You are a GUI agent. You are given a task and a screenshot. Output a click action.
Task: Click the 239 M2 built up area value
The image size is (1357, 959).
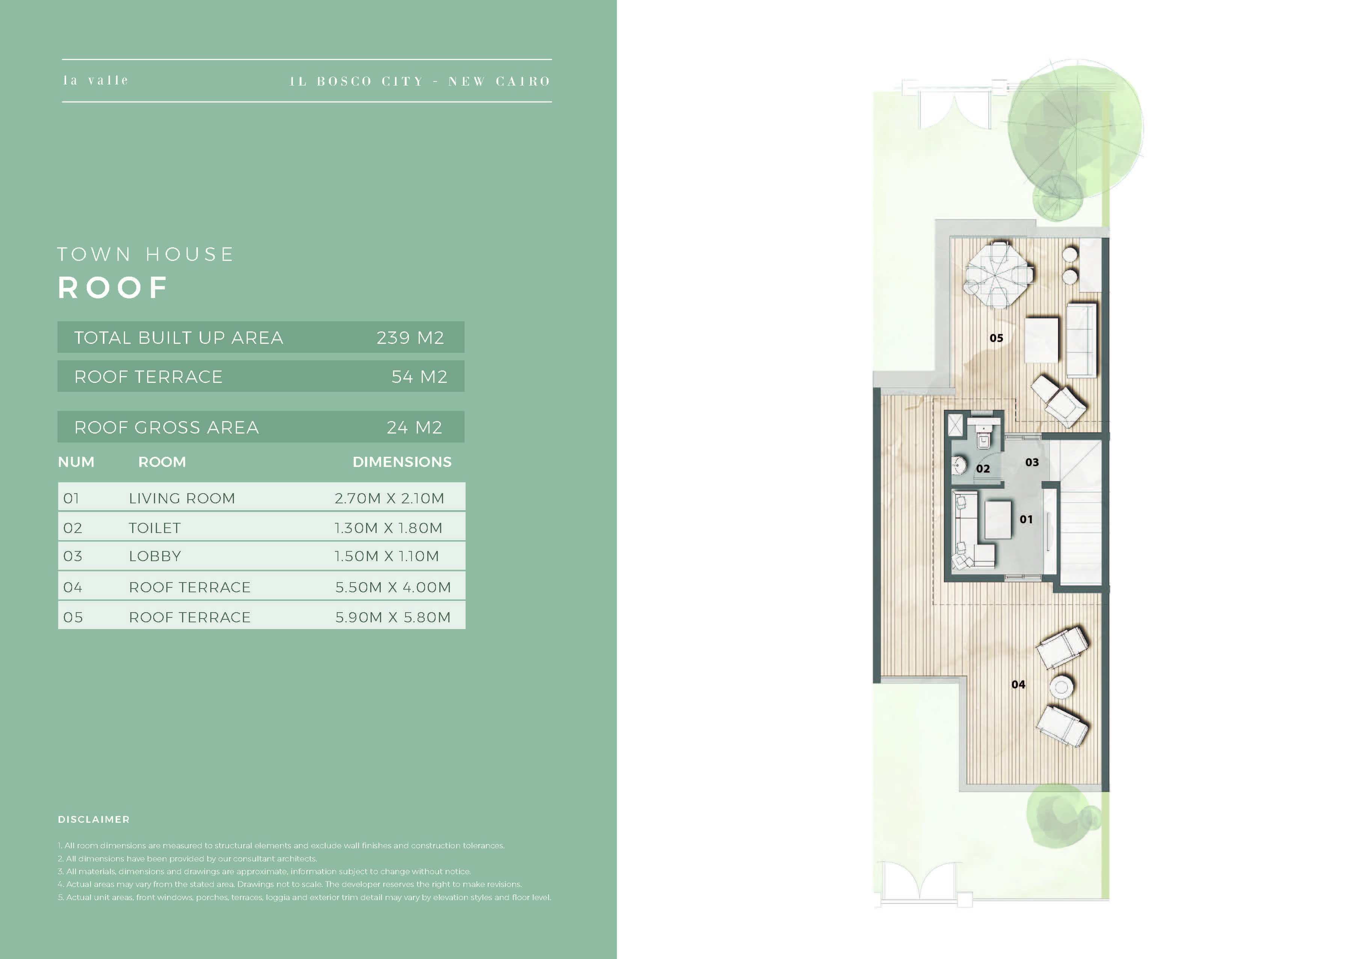point(410,337)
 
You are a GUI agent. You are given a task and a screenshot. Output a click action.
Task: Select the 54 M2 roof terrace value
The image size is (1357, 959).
point(419,376)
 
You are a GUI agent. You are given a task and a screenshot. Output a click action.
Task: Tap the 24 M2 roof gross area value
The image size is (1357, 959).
point(414,427)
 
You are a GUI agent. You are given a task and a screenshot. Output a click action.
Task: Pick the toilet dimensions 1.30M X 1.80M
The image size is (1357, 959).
point(388,528)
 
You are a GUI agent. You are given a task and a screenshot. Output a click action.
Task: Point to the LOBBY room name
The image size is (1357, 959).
point(155,556)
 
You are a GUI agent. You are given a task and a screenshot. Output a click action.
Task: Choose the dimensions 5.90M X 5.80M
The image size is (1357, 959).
point(393,617)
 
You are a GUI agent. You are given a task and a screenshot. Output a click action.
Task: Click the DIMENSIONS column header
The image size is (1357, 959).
point(402,462)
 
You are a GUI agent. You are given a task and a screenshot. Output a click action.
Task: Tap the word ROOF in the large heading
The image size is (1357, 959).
point(113,288)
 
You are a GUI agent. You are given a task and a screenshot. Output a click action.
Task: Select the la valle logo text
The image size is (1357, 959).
point(96,80)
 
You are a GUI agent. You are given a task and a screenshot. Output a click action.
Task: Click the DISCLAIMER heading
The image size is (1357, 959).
point(93,819)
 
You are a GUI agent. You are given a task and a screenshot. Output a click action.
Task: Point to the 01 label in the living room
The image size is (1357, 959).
point(1026,519)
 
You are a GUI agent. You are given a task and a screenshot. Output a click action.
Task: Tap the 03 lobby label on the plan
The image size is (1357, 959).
point(1032,462)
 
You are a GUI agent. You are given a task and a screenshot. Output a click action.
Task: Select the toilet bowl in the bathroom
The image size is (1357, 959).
point(983,439)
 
